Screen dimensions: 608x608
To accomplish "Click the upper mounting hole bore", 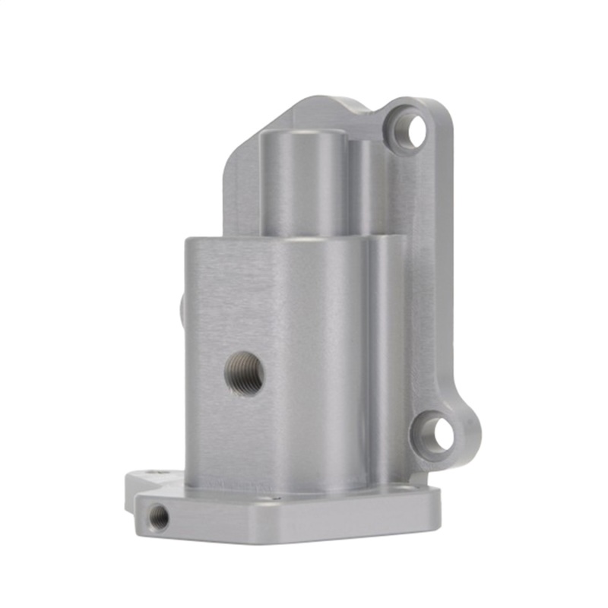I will [416, 131].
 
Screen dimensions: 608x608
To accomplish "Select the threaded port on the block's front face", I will [245, 373].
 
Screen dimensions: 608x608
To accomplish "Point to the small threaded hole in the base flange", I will [159, 518].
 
